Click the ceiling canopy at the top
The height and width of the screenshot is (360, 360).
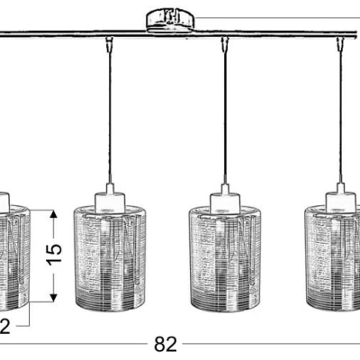click(170, 20)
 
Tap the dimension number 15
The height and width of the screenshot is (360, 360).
click(54, 256)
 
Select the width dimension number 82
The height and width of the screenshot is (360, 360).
click(166, 344)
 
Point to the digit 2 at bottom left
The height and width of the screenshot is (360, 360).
click(4, 326)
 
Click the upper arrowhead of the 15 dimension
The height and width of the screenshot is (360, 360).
click(53, 214)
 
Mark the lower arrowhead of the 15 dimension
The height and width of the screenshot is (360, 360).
click(53, 297)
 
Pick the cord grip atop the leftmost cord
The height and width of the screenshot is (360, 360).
click(109, 44)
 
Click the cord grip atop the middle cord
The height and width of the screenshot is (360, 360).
click(225, 44)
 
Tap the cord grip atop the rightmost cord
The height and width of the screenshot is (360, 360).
click(340, 44)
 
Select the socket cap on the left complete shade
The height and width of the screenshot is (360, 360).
click(110, 199)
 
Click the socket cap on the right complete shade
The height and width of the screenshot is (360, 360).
click(225, 199)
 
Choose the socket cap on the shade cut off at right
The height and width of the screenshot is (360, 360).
click(342, 199)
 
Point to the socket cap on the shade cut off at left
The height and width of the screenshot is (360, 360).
click(4, 201)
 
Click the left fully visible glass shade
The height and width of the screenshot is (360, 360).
click(110, 258)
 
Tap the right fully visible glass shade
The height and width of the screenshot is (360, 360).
click(226, 258)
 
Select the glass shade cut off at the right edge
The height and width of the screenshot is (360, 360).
click(332, 258)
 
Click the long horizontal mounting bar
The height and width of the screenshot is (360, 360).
click(180, 33)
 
